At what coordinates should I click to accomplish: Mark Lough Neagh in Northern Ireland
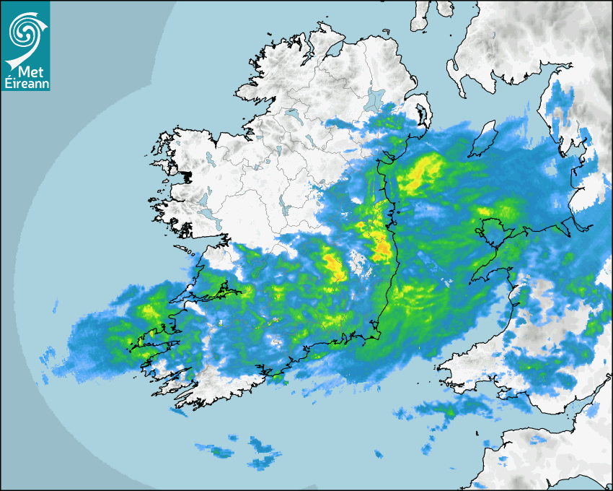click(375, 99)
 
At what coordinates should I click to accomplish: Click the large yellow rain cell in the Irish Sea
click(420, 173)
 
